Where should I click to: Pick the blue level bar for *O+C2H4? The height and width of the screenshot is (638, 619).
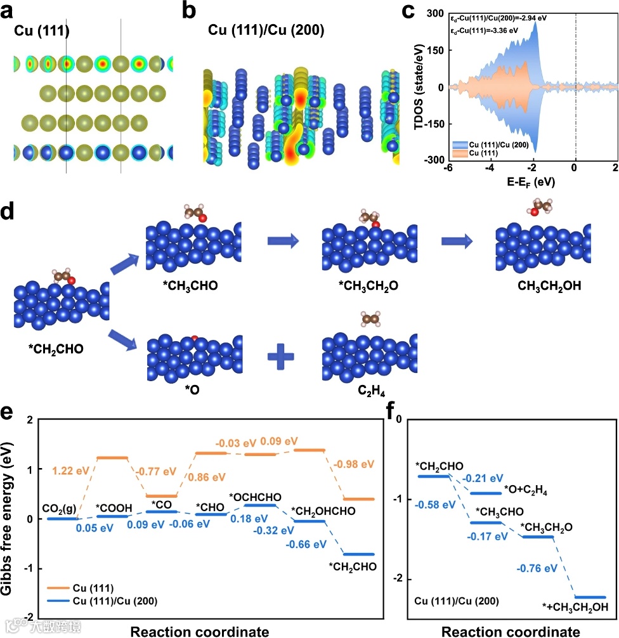(x=485, y=492)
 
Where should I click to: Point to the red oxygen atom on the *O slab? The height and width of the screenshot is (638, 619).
(x=195, y=337)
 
